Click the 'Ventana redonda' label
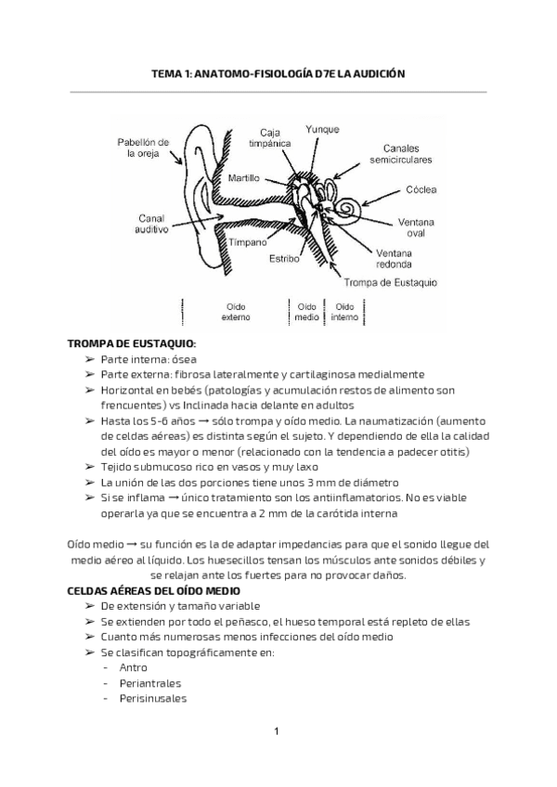click(395, 257)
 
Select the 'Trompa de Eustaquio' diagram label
click(391, 282)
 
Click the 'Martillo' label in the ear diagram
click(243, 176)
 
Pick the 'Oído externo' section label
click(231, 311)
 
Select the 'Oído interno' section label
click(343, 311)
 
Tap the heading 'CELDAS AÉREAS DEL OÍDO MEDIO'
click(154, 590)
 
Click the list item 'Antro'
click(134, 667)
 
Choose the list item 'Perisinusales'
click(153, 698)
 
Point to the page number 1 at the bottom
click(278, 733)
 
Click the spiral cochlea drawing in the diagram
click(354, 207)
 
